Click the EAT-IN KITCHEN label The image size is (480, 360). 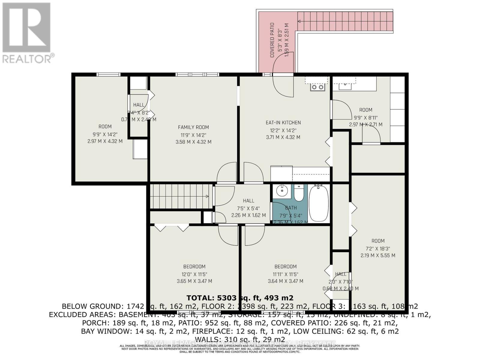point(283,122)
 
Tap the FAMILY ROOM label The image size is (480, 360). point(193,127)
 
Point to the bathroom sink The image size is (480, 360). point(282,191)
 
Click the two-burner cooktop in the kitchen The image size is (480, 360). point(318,87)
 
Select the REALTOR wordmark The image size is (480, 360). point(28,58)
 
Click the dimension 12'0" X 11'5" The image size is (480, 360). point(194,274)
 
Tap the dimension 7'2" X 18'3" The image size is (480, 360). point(378,248)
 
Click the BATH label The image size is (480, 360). point(291,208)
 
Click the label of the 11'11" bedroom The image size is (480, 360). point(285,266)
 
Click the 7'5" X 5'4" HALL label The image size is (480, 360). point(248,201)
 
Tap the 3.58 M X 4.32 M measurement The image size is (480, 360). point(193,142)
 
